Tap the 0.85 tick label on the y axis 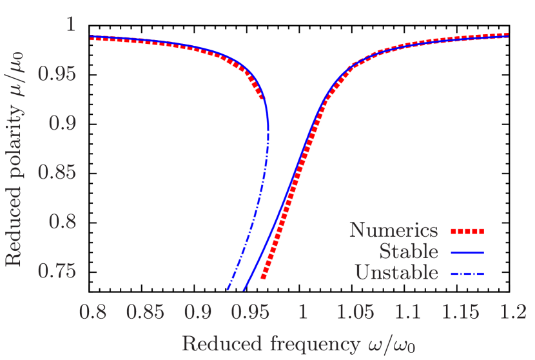click(x=57, y=173)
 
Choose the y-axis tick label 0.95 click(x=57, y=74)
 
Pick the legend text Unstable click(x=396, y=272)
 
